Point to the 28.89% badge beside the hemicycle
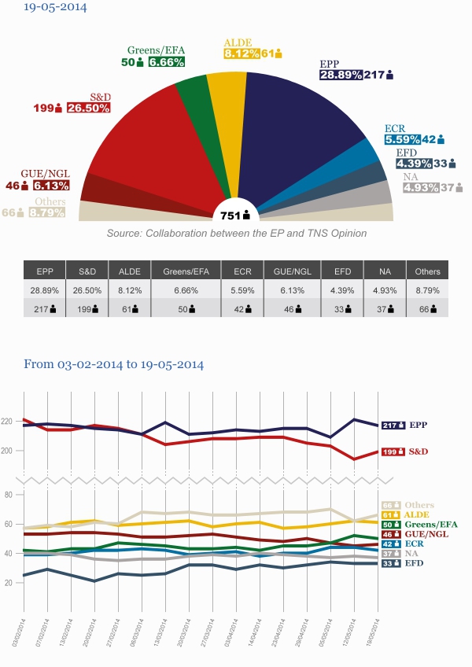click(x=341, y=75)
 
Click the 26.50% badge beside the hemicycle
click(x=87, y=108)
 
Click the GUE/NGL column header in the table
click(x=290, y=271)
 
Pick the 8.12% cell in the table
click(x=129, y=289)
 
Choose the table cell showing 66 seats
click(x=427, y=308)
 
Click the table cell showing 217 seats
click(x=44, y=308)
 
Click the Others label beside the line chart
click(x=419, y=505)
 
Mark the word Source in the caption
click(x=124, y=234)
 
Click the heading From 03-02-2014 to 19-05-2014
click(x=114, y=365)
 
